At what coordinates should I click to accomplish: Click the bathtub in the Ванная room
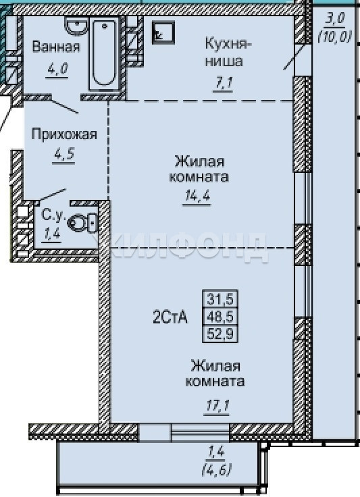104,53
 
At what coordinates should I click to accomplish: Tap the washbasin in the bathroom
76,25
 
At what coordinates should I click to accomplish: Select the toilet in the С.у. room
82,223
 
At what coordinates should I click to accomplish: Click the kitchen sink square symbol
163,32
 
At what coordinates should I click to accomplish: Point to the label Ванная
56,47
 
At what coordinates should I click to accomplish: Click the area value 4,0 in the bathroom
57,68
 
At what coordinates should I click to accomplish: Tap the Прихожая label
64,134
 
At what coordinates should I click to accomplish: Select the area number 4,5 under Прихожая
64,155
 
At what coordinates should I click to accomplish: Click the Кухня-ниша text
226,51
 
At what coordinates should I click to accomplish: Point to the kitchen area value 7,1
223,83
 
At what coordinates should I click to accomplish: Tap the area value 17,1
217,405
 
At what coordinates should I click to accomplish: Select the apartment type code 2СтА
170,317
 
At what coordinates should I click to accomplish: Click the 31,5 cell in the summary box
220,298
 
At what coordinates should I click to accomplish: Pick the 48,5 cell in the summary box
220,316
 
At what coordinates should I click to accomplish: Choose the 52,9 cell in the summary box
220,334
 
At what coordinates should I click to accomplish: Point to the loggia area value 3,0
335,18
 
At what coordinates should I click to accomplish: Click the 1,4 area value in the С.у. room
51,235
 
